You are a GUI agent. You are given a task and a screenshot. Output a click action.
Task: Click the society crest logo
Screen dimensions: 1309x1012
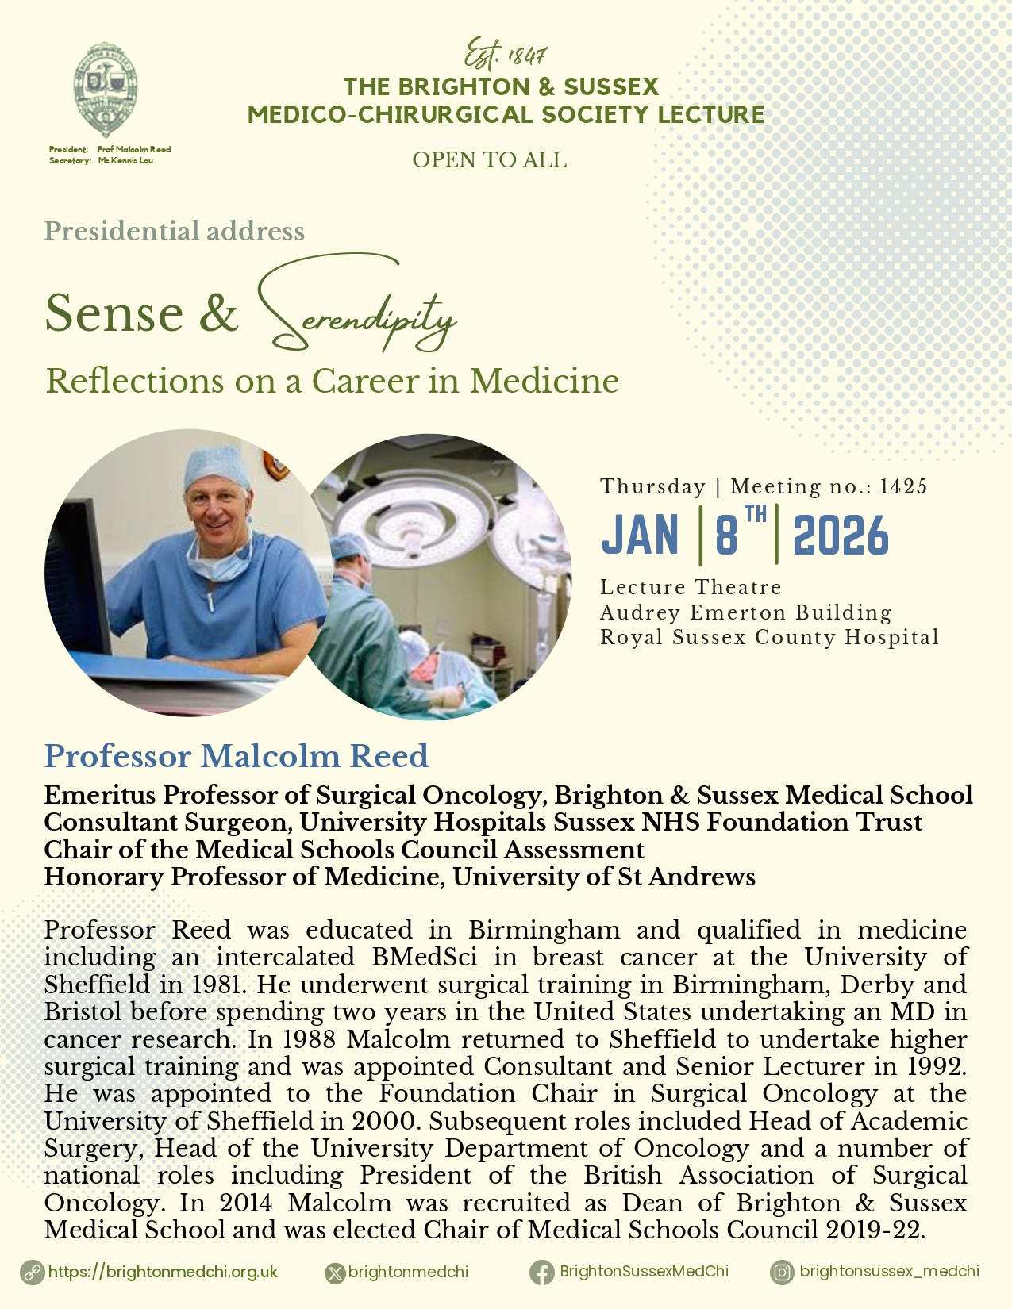105,90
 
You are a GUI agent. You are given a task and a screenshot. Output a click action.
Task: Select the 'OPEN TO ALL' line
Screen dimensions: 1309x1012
489,160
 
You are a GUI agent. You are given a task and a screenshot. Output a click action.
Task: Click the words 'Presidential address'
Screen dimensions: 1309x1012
175,231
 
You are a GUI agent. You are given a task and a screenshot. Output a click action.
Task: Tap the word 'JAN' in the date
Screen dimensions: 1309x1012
641,535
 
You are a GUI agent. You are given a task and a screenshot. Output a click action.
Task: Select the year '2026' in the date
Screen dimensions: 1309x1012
841,535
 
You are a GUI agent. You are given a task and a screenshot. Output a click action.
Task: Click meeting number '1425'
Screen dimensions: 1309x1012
904,486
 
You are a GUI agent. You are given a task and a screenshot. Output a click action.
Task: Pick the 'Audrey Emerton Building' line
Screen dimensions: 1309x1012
745,612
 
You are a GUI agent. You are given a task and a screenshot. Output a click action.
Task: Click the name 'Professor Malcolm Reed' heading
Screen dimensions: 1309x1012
236,756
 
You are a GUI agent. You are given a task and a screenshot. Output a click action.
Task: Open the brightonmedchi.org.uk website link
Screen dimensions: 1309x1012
163,1272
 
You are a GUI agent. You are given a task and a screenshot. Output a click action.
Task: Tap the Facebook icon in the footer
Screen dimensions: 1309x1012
542,1273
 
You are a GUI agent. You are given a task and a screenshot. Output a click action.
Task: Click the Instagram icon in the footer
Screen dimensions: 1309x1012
782,1273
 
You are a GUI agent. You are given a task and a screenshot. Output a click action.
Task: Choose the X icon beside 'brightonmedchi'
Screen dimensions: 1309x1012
336,1273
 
